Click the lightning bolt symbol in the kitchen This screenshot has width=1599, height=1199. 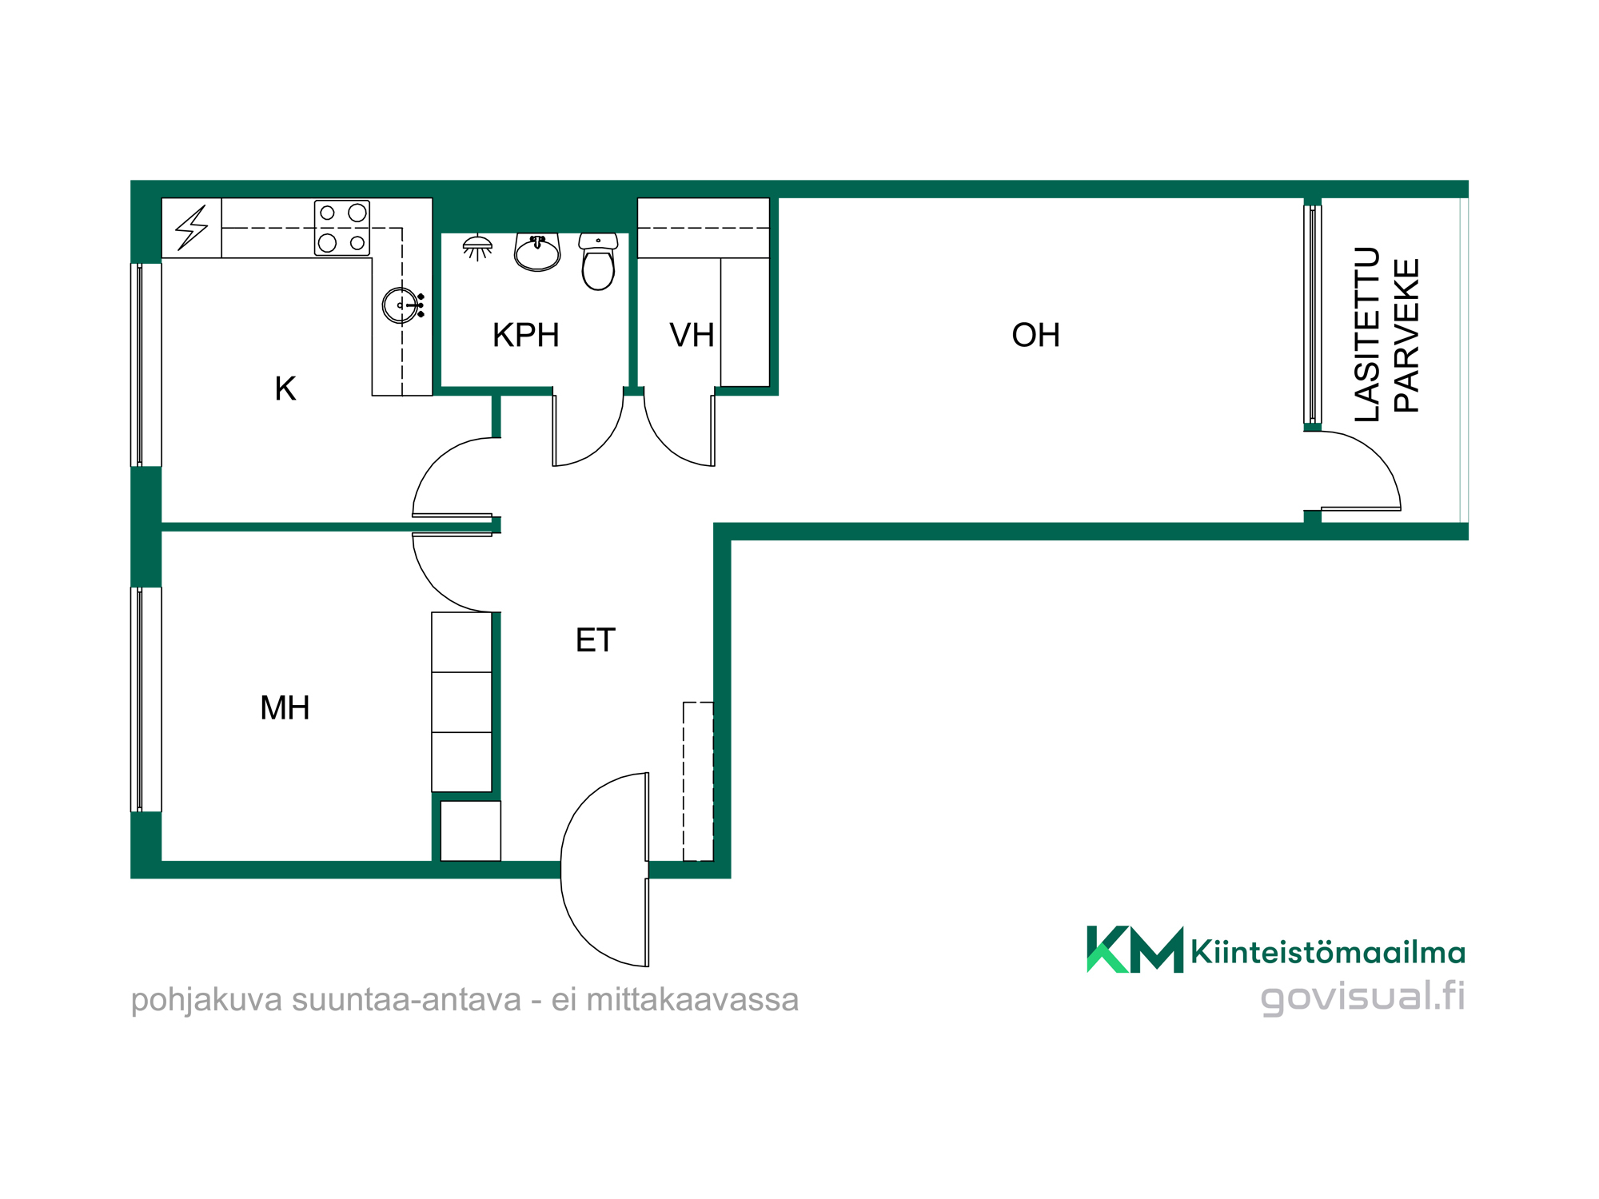pos(192,228)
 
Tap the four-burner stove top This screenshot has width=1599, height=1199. pos(342,228)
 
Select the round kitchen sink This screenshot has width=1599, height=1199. pos(400,305)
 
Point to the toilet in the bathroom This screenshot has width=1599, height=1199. pos(598,261)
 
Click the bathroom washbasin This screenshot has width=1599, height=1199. pos(537,252)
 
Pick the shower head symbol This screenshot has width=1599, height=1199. pos(477,248)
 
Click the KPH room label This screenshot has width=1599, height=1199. pos(525,336)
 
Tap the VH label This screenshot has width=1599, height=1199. pos(692,336)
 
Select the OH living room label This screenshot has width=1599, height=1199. pos(1035,336)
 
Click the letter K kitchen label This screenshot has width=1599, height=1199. pos(285,389)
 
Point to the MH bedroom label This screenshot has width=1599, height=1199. pos(285,708)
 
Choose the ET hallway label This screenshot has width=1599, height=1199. pos(596,640)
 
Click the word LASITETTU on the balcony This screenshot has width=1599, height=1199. pos(1368,334)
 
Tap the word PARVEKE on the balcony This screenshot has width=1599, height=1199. pos(1406,336)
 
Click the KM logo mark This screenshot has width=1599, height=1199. pos(1134,949)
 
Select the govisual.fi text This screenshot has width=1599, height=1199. pos(1362,997)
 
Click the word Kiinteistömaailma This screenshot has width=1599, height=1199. pos(1328,952)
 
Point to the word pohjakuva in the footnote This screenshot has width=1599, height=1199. pos(206,1000)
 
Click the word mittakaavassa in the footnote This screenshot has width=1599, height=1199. pos(692,1000)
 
